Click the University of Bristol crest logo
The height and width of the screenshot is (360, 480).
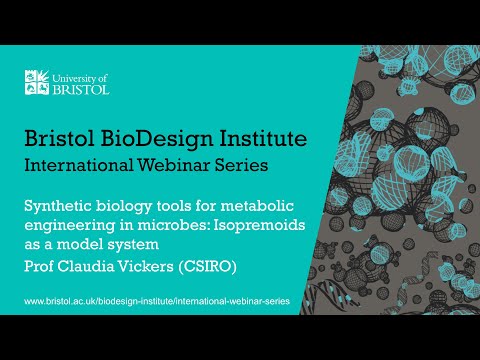tap(39, 83)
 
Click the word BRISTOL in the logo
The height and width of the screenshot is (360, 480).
tap(83, 88)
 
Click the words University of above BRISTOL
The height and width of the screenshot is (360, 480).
tap(85, 76)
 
